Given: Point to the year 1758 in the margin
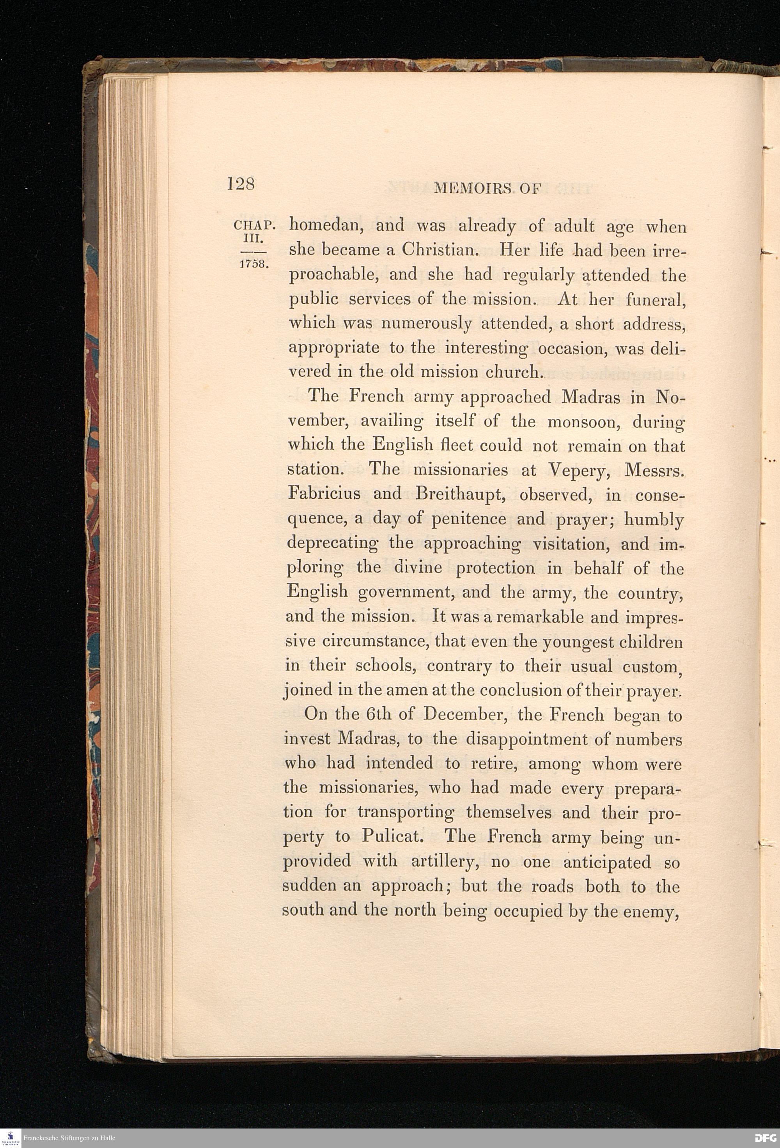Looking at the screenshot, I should (x=253, y=263).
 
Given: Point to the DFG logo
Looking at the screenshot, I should (x=766, y=1137).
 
